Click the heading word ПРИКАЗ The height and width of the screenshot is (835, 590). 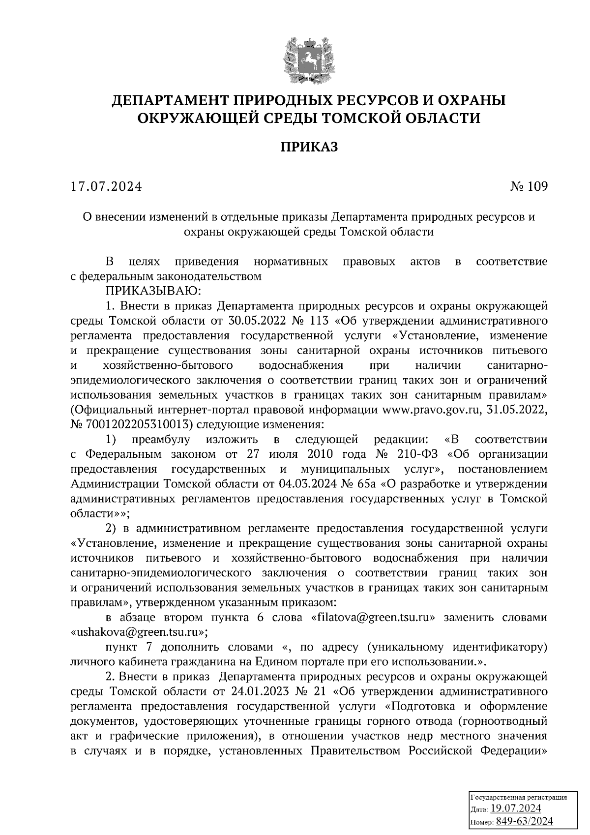(309, 147)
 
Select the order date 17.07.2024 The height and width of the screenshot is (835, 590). (106, 187)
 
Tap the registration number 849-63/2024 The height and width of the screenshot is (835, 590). (524, 821)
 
